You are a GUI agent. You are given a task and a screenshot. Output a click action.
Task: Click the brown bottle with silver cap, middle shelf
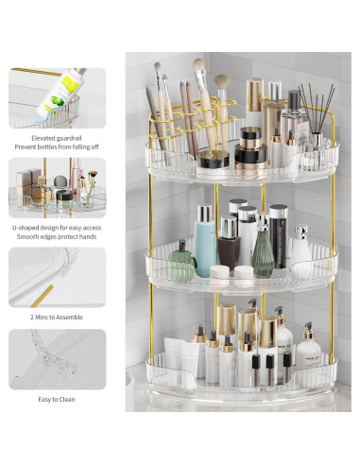(x=229, y=247)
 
